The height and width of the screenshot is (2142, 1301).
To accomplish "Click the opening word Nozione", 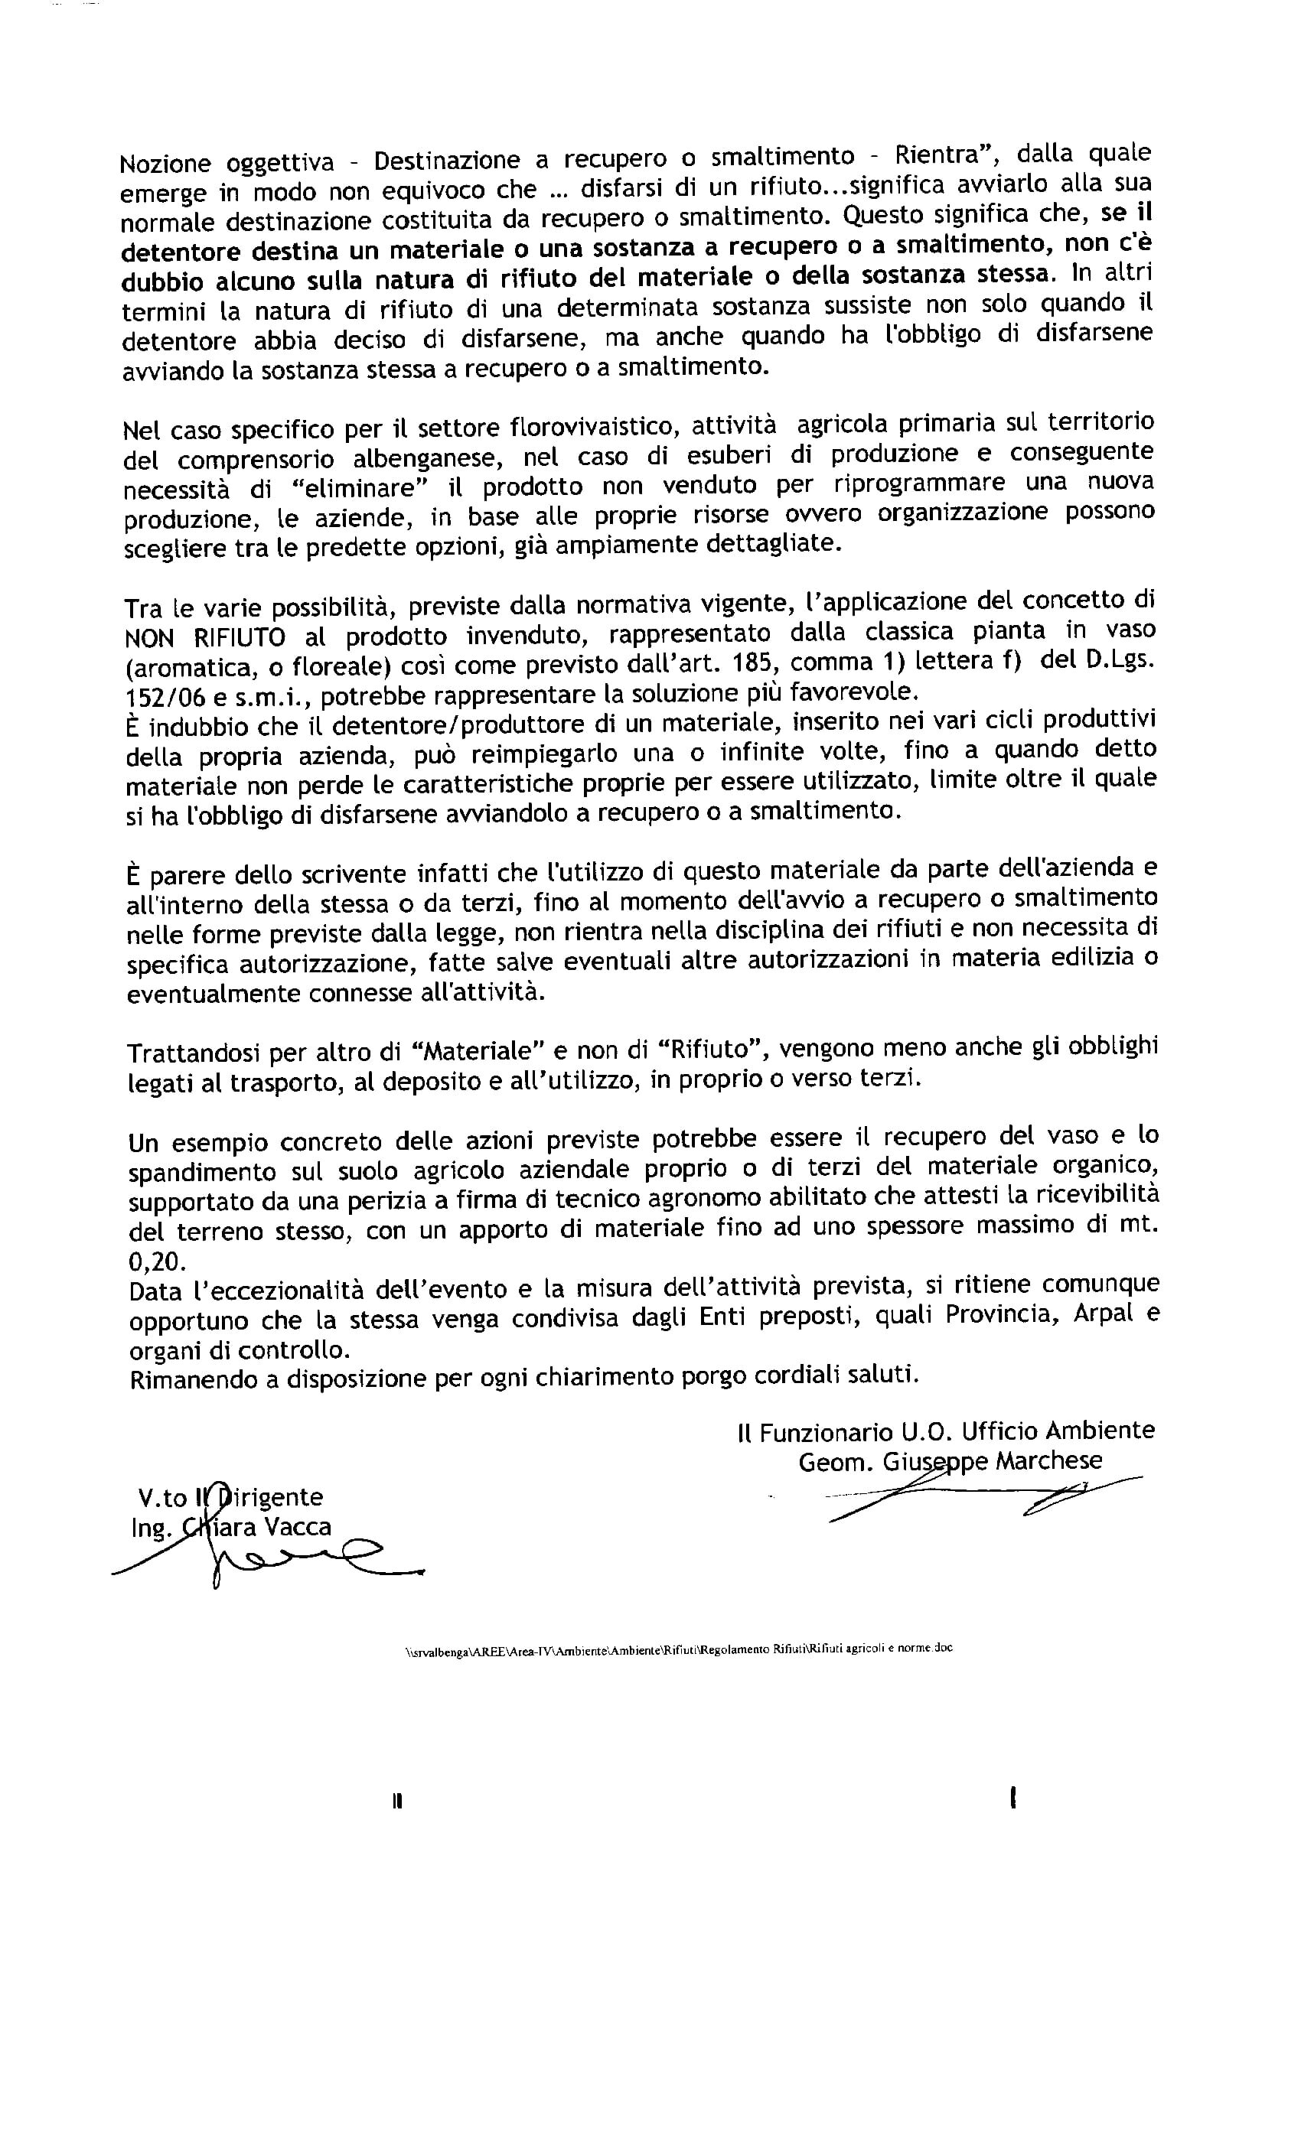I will tap(165, 164).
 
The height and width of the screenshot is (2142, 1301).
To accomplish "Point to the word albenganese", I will tap(428, 457).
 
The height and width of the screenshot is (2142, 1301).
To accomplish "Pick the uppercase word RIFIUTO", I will tap(239, 637).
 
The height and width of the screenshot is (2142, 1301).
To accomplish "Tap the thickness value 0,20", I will tap(158, 1261).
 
